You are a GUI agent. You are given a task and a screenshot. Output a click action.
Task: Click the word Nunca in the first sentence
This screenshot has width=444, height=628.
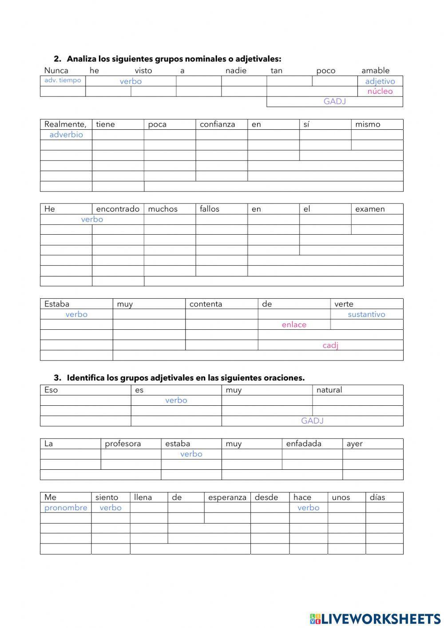56,71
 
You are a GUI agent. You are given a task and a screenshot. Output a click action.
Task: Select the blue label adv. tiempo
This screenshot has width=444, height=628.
63,80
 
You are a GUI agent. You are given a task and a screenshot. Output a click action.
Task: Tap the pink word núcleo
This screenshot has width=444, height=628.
380,91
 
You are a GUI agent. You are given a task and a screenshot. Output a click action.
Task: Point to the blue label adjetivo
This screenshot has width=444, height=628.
380,81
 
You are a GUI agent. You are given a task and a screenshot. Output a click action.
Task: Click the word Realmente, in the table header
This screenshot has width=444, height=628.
65,124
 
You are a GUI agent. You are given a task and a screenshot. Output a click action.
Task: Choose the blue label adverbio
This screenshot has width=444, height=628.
66,135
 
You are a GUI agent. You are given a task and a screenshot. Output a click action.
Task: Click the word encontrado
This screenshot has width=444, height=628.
118,209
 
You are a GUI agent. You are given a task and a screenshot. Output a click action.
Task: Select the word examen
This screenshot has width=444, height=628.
370,209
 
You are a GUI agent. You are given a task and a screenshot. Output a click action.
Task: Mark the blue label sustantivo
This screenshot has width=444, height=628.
366,314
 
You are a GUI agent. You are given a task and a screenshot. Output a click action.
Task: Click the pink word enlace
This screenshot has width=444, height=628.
294,324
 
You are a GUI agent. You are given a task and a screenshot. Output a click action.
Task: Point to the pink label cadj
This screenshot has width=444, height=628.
330,345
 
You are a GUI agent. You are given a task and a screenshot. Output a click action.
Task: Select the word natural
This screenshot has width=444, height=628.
329,390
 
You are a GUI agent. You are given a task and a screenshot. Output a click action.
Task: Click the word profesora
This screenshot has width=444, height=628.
123,444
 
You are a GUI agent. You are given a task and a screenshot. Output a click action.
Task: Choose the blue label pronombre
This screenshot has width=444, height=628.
66,508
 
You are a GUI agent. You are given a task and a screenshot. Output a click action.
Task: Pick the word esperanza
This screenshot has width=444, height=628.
227,497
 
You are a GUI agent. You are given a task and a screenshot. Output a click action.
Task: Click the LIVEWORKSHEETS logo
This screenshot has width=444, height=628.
375,618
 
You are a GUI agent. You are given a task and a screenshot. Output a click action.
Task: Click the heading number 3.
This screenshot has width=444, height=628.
57,378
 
